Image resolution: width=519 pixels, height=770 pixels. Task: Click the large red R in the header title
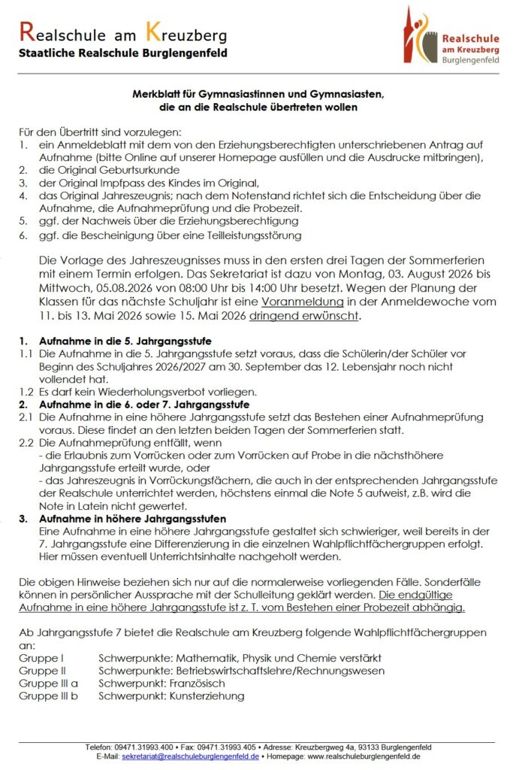click(26, 32)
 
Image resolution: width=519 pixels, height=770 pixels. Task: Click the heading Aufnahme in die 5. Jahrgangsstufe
click(115, 341)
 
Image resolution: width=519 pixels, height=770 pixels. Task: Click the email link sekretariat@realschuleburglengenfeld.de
click(190, 756)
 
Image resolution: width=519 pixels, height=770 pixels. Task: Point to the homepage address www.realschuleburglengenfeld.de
click(364, 756)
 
